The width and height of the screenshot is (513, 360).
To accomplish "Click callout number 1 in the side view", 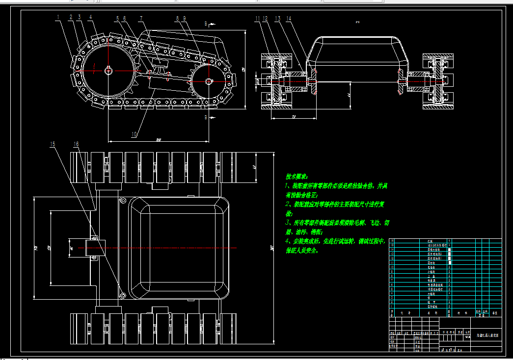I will click(58, 17).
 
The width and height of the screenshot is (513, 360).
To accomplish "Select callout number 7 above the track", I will click(141, 19).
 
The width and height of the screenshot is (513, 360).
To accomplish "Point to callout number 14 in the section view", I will click(289, 19).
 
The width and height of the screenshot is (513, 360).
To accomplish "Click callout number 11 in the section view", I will click(257, 19).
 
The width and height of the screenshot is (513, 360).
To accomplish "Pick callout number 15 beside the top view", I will click(52, 144).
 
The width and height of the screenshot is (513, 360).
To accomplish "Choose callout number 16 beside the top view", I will click(76, 144).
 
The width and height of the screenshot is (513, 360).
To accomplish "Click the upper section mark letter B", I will click(206, 23).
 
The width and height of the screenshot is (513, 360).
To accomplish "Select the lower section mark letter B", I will click(206, 117).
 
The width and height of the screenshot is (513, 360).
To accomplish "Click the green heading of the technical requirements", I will click(297, 176).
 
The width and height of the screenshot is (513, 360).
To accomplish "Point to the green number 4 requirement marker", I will click(288, 241).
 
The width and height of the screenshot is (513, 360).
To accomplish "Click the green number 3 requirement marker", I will click(288, 223).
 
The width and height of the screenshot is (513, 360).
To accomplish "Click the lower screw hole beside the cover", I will click(123, 295).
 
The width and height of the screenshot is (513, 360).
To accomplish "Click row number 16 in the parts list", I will click(392, 241).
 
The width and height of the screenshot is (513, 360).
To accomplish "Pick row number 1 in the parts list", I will click(392, 306).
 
